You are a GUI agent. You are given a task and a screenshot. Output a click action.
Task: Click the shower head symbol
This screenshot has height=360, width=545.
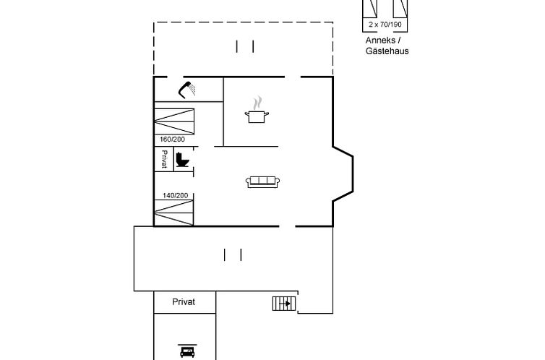coord(188,89)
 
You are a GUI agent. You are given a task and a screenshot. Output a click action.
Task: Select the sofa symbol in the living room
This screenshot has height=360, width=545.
coord(263,182)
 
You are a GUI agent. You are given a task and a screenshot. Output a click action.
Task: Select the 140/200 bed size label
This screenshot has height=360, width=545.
coord(175,195)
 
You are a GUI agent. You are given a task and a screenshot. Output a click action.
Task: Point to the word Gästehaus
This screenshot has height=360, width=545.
coord(387,51)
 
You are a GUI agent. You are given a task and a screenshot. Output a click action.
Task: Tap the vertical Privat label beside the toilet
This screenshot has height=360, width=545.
coord(164,159)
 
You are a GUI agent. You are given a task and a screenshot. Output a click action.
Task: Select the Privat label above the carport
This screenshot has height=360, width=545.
coord(184,302)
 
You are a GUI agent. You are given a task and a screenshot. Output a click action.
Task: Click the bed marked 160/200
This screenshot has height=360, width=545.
coord(174,119)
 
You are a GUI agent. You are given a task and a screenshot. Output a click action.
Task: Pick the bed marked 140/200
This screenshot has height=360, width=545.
coord(174,213)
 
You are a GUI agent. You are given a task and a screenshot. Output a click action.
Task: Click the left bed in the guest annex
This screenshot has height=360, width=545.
coord(371,9)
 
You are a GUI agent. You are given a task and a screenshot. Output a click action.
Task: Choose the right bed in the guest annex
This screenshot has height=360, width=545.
coord(398,9)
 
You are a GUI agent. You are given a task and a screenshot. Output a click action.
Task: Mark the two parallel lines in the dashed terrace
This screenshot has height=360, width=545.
coord(245,47)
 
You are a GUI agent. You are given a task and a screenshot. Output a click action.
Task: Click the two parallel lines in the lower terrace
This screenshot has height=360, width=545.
coord(232,254)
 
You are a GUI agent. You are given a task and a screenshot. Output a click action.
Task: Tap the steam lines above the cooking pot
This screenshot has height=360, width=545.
coord(257,102)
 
